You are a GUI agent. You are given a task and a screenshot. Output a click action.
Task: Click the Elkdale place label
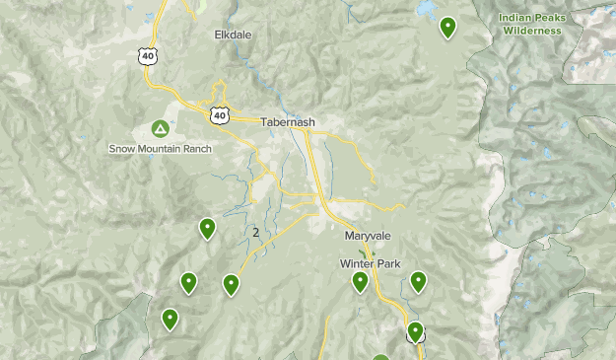tap(234, 35)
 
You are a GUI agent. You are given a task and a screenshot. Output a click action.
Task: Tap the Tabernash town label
tap(288, 122)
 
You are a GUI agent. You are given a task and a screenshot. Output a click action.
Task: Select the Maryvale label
tap(368, 236)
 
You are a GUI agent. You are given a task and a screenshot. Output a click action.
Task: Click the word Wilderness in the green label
tap(532, 31)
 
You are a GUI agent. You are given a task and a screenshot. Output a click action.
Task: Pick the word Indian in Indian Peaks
tap(515, 17)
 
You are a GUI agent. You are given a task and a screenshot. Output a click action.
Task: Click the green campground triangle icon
tap(160, 129)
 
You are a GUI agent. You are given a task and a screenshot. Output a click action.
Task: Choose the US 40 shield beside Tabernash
tap(218, 115)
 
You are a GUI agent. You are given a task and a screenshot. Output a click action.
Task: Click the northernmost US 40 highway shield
tap(148, 56)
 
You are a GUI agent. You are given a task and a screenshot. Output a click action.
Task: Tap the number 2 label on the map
tap(256, 233)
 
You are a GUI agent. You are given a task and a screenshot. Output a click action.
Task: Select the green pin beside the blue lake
tap(448, 27)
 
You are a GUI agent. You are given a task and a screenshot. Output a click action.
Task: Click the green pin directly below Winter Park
tap(361, 282)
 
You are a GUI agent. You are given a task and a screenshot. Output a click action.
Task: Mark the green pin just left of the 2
tap(207, 228)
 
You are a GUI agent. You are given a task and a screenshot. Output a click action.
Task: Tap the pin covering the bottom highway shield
tap(415, 331)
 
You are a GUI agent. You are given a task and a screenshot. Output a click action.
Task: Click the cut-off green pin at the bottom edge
tap(381, 357)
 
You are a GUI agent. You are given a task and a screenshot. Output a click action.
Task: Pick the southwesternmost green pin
tap(171, 319)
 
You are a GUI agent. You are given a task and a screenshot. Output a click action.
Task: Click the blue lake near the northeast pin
tap(426, 7)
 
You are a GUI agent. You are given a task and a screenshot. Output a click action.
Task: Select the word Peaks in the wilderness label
tap(551, 17)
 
